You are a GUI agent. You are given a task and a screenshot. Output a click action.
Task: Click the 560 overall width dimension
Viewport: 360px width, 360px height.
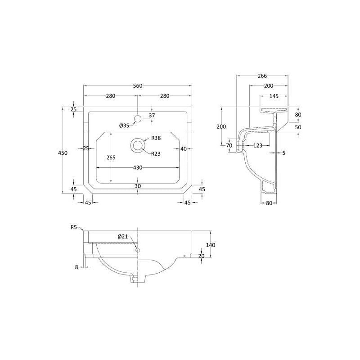click(138, 86)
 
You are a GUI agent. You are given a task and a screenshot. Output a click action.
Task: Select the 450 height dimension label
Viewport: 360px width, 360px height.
click(63, 153)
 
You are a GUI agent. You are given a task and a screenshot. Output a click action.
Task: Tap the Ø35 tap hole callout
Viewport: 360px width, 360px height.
click(124, 126)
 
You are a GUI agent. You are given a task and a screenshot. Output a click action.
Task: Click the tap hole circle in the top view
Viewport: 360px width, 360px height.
click(138, 119)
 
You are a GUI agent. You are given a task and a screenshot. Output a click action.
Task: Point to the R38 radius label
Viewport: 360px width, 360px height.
click(156, 138)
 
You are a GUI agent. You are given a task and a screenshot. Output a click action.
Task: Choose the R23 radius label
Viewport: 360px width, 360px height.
click(156, 154)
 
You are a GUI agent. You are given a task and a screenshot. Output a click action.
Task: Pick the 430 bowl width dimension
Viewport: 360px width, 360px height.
click(138, 168)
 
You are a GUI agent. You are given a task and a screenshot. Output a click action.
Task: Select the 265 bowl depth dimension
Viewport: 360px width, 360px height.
click(111, 158)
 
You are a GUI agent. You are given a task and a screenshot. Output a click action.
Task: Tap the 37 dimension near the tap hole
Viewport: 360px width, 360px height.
click(152, 116)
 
